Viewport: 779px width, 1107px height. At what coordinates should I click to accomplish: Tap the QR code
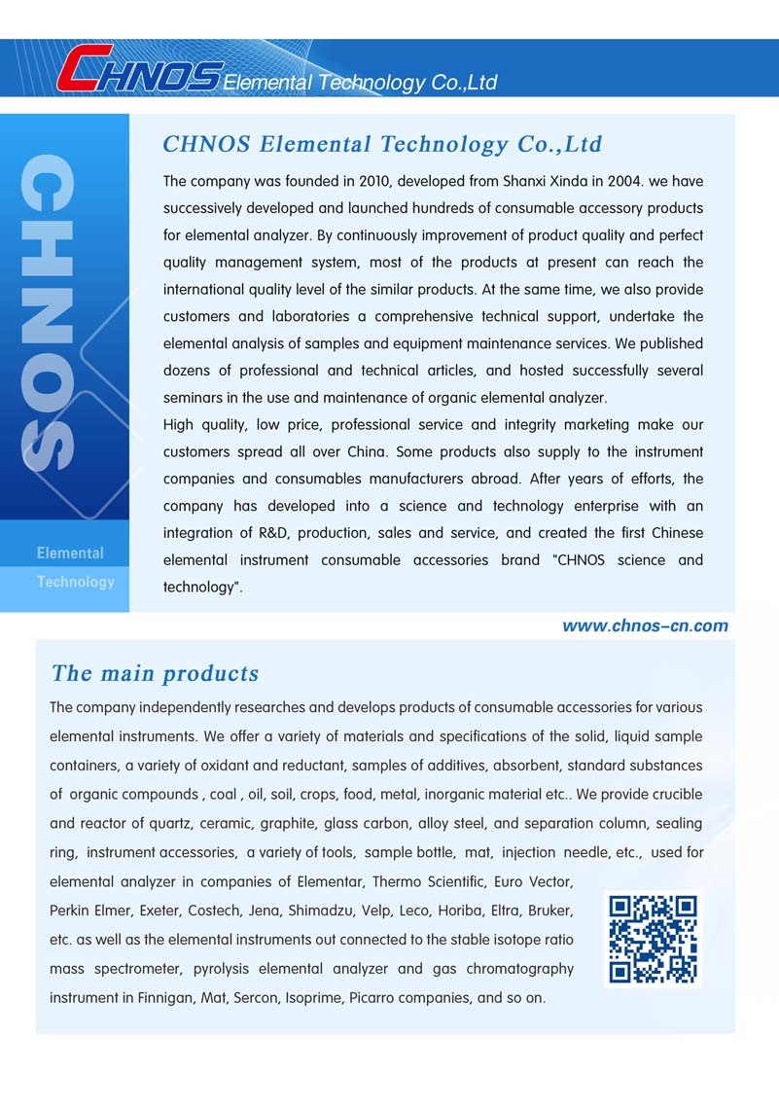(x=653, y=939)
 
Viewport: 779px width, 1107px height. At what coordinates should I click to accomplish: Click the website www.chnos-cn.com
(x=645, y=625)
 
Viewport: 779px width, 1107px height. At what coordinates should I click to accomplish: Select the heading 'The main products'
(x=155, y=673)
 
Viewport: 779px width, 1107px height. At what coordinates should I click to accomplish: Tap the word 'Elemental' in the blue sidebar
(x=70, y=553)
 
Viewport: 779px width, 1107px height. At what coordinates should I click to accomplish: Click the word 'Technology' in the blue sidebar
(x=76, y=582)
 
